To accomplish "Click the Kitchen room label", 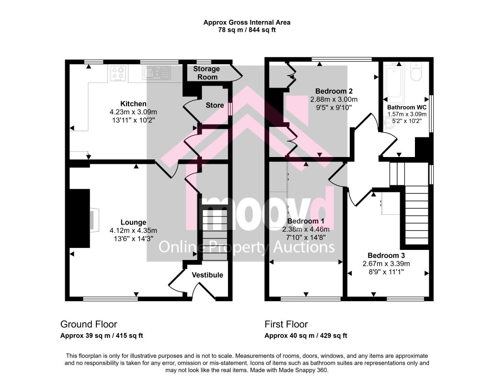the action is [133, 103].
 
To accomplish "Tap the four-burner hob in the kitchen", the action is [118, 73].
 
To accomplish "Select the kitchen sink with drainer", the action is [157, 73].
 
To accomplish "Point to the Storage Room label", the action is [207, 73].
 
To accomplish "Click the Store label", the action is [215, 105].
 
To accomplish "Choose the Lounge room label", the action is [133, 223].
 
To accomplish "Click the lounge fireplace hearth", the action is [94, 220].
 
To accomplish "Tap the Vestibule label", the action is [207, 275].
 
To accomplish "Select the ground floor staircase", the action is [215, 233].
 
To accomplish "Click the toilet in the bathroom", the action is [416, 72].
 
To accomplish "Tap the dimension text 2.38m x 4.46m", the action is [306, 229].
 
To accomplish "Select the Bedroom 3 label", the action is [386, 256].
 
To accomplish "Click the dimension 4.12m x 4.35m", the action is [133, 231].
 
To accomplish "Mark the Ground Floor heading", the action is [89, 324].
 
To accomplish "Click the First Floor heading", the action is [286, 324].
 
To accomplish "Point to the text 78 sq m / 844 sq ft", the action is [247, 30].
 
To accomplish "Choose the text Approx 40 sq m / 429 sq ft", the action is [306, 336].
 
